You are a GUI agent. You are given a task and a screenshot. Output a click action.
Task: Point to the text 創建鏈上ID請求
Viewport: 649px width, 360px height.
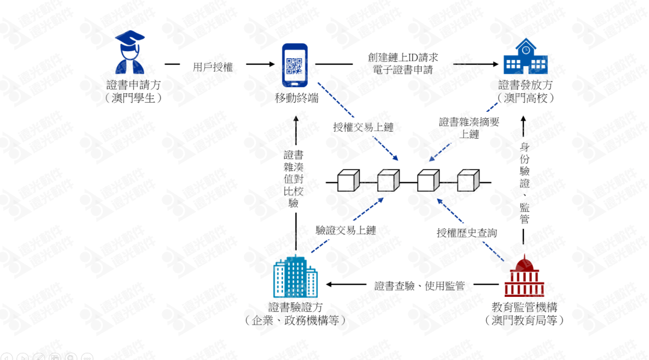(x=403, y=58)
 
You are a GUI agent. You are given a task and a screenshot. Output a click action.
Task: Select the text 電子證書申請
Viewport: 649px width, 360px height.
(x=403, y=70)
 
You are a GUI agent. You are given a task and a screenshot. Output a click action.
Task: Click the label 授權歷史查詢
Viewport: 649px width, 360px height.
(x=467, y=233)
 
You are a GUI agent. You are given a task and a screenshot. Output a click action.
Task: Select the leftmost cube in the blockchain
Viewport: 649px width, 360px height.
(x=348, y=180)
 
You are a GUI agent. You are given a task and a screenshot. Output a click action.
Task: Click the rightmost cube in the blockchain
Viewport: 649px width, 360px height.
(x=468, y=180)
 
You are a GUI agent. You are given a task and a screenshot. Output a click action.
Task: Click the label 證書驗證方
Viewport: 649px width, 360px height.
(x=296, y=307)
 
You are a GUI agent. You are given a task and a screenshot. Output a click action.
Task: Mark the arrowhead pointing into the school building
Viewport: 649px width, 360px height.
(x=498, y=64)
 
